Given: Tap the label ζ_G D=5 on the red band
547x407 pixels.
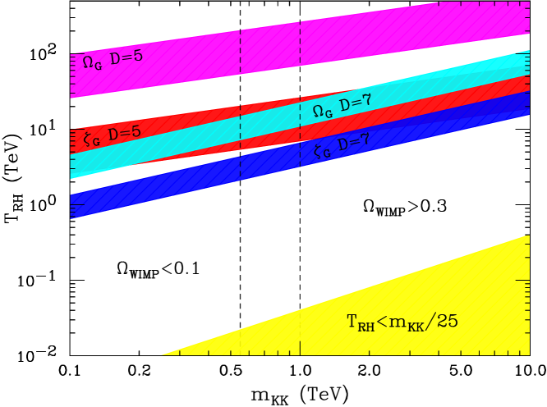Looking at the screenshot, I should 113,135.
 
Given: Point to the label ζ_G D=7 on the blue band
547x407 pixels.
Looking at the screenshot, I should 342,146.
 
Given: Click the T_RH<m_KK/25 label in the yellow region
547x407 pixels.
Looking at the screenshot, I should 402,322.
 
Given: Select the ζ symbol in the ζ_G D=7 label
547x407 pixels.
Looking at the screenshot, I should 319,151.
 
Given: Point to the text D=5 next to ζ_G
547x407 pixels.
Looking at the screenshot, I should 125,133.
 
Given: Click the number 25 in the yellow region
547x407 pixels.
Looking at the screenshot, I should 448,322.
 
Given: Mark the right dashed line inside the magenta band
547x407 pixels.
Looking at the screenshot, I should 300,41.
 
